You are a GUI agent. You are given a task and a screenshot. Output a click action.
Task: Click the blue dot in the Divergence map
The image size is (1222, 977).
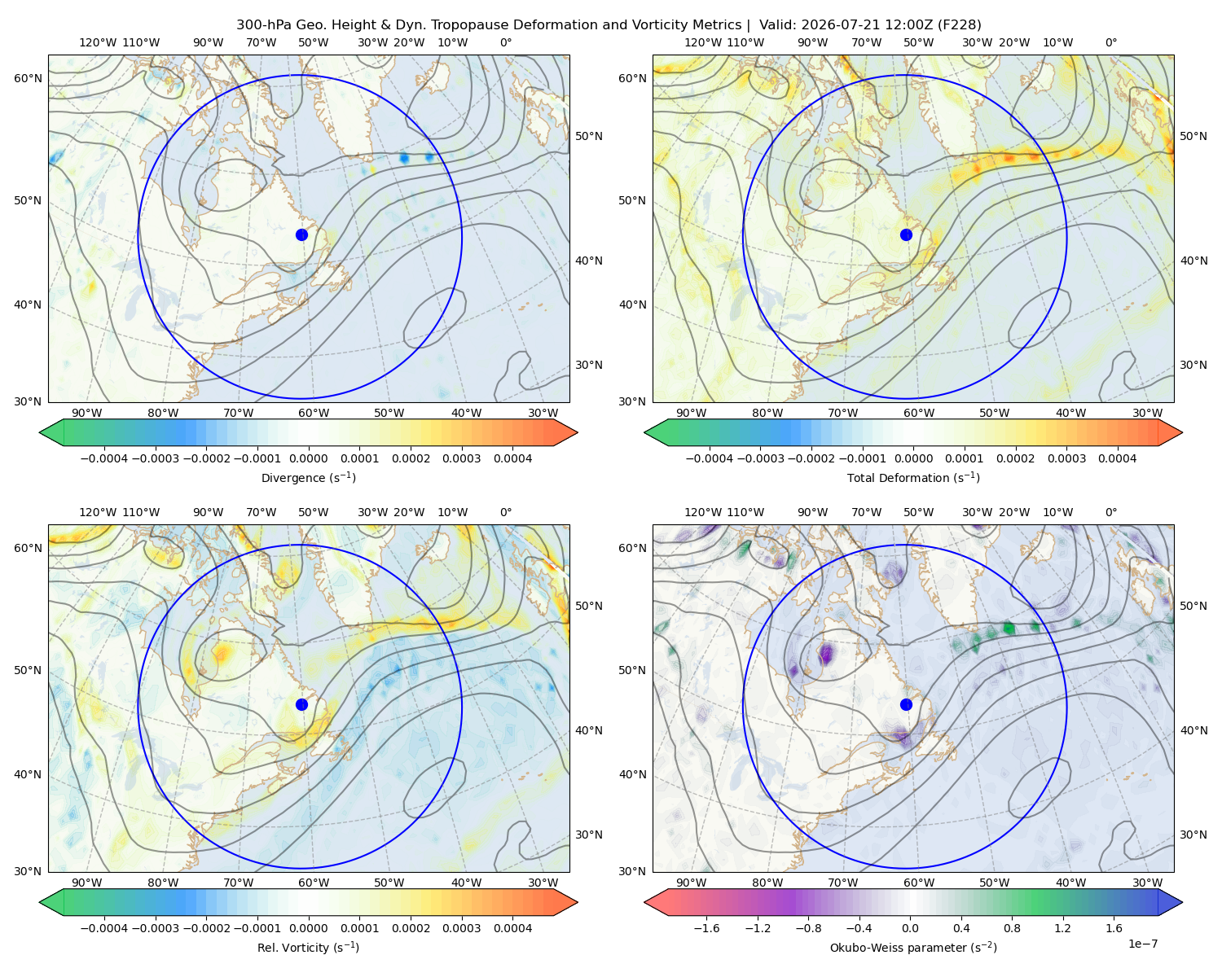click(x=301, y=235)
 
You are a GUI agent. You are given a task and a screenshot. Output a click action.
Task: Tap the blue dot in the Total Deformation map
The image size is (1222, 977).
click(x=906, y=235)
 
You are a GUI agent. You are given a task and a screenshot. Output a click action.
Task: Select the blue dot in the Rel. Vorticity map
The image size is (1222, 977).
click(x=301, y=704)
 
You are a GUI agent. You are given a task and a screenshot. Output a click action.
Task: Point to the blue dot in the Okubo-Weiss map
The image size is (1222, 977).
click(x=906, y=704)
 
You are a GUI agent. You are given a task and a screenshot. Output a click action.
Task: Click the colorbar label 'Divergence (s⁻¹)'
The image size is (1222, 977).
click(x=308, y=477)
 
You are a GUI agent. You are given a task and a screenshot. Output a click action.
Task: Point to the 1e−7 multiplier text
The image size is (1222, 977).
click(x=1142, y=944)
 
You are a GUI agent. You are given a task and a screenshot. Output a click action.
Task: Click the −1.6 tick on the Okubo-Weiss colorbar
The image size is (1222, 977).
click(x=707, y=928)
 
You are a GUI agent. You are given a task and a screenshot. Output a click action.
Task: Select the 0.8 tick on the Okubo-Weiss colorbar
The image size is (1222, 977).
click(x=1012, y=928)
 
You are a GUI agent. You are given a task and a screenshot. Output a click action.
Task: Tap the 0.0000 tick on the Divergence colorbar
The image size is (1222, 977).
click(x=308, y=458)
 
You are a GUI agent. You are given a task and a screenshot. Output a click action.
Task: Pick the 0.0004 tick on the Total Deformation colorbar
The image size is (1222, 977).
click(x=1118, y=458)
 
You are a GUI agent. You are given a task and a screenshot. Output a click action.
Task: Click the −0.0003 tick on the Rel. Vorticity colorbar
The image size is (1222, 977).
click(x=155, y=928)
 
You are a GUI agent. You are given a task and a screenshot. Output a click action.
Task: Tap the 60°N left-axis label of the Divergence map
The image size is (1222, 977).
click(x=28, y=78)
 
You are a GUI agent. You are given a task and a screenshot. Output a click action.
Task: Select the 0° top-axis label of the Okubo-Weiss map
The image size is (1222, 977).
click(x=1111, y=512)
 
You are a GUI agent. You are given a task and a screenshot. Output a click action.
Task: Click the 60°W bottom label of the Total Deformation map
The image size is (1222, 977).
click(x=919, y=413)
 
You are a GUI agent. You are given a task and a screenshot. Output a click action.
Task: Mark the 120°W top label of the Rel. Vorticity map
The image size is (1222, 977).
click(x=98, y=512)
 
